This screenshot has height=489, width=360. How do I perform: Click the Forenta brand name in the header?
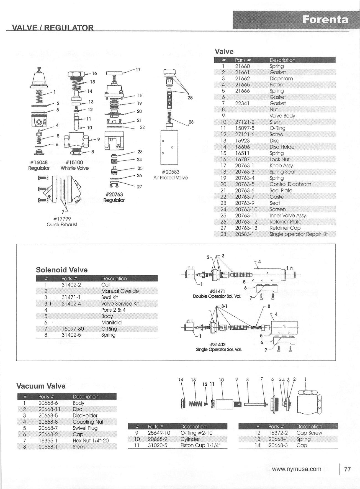pyautogui.click(x=325, y=20)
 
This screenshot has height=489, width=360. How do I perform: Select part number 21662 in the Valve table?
pyautogui.click(x=242, y=79)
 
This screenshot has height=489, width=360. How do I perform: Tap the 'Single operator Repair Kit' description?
pyautogui.click(x=298, y=234)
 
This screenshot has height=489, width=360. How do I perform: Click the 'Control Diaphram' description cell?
pyautogui.click(x=290, y=185)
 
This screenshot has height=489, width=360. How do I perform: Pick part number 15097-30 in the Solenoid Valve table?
pyautogui.click(x=73, y=329)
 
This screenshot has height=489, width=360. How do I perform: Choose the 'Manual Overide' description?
pyautogui.click(x=120, y=291)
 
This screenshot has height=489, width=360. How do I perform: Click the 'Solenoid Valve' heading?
pyautogui.click(x=62, y=270)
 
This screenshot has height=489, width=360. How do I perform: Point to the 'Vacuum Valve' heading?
pyautogui.click(x=41, y=386)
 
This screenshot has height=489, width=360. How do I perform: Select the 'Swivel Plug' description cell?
pyautogui.click(x=85, y=428)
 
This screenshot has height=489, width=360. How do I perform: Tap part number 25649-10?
pyautogui.click(x=159, y=433)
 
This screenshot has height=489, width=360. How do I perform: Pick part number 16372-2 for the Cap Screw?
pyautogui.click(x=278, y=433)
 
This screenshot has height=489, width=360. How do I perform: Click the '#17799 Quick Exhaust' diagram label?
pyautogui.click(x=62, y=222)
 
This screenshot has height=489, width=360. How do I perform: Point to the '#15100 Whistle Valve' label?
pyautogui.click(x=74, y=165)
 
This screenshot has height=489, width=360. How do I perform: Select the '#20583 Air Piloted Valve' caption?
pyautogui.click(x=170, y=175)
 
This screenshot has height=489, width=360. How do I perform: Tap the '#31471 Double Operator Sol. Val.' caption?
pyautogui.click(x=217, y=294)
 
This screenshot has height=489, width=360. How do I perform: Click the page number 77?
pyautogui.click(x=347, y=469)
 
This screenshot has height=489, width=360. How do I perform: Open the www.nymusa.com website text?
pyautogui.click(x=297, y=469)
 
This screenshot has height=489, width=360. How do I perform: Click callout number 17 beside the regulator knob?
pyautogui.click(x=138, y=70)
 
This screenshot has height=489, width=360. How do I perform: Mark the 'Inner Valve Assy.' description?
pyautogui.click(x=288, y=216)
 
